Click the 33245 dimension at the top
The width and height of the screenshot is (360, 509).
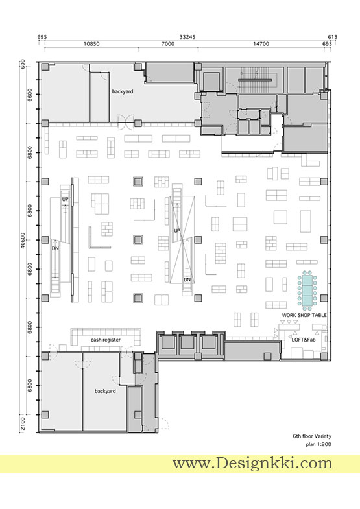pyautogui.click(x=187, y=37)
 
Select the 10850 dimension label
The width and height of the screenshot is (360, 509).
pyautogui.click(x=91, y=44)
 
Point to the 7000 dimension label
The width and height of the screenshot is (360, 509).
pyautogui.click(x=168, y=44)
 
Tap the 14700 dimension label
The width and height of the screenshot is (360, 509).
pyautogui.click(x=261, y=44)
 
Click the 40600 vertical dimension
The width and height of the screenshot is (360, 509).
pyautogui.click(x=23, y=241)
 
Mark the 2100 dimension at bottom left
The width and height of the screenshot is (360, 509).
pyautogui.click(x=23, y=423)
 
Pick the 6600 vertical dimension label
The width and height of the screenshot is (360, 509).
pyautogui.click(x=30, y=95)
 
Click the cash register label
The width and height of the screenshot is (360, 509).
pyautogui.click(x=106, y=340)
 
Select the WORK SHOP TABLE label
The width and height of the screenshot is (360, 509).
pyautogui.click(x=304, y=315)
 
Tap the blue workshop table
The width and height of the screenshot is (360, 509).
pyautogui.click(x=307, y=290)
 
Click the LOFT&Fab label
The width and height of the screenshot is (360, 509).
pyautogui.click(x=304, y=340)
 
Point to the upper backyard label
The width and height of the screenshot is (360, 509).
pyautogui.click(x=123, y=91)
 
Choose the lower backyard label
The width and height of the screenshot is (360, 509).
pyautogui.click(x=105, y=391)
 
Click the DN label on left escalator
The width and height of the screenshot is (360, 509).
pyautogui.click(x=55, y=248)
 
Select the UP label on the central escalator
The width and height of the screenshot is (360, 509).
pyautogui.click(x=177, y=231)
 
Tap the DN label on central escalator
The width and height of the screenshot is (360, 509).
pyautogui.click(x=187, y=279)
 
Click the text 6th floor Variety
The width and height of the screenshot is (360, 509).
pyautogui.click(x=312, y=436)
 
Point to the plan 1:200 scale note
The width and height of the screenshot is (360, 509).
pyautogui.click(x=318, y=444)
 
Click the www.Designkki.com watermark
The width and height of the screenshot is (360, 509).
pyautogui.click(x=252, y=463)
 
